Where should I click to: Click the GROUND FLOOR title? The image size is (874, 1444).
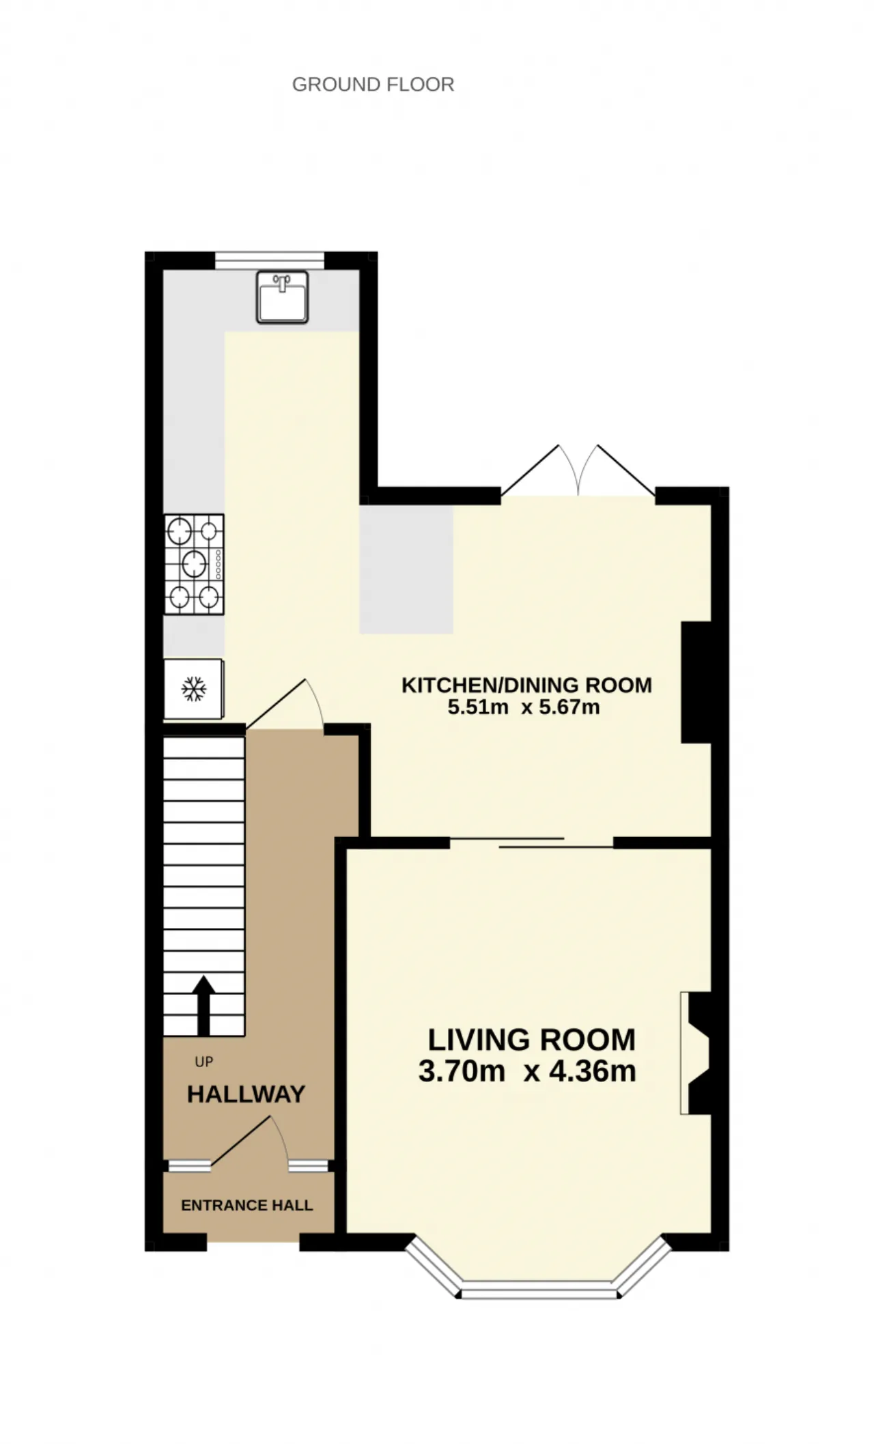point(373,85)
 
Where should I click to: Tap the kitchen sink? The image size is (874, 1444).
point(282,297)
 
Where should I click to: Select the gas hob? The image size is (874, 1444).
point(194,564)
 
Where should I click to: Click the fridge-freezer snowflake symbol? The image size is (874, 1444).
point(194,689)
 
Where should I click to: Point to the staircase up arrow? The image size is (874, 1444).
point(203,1005)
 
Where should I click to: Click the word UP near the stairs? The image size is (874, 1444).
point(203,1062)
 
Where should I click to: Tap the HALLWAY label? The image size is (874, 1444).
point(246,1094)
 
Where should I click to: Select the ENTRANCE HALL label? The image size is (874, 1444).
point(246,1205)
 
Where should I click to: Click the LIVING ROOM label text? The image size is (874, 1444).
point(531,1040)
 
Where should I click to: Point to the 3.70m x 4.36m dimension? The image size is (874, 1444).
point(527,1071)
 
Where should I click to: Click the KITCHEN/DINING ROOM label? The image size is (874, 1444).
point(526,685)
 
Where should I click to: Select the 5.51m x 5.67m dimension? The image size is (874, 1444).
point(524,707)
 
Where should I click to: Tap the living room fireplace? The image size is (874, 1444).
point(696,1053)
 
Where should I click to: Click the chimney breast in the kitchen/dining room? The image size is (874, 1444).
point(696,682)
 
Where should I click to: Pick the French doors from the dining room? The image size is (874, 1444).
point(578,471)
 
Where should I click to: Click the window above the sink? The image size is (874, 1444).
point(269,260)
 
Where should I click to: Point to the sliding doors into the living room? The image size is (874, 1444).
point(531,842)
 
